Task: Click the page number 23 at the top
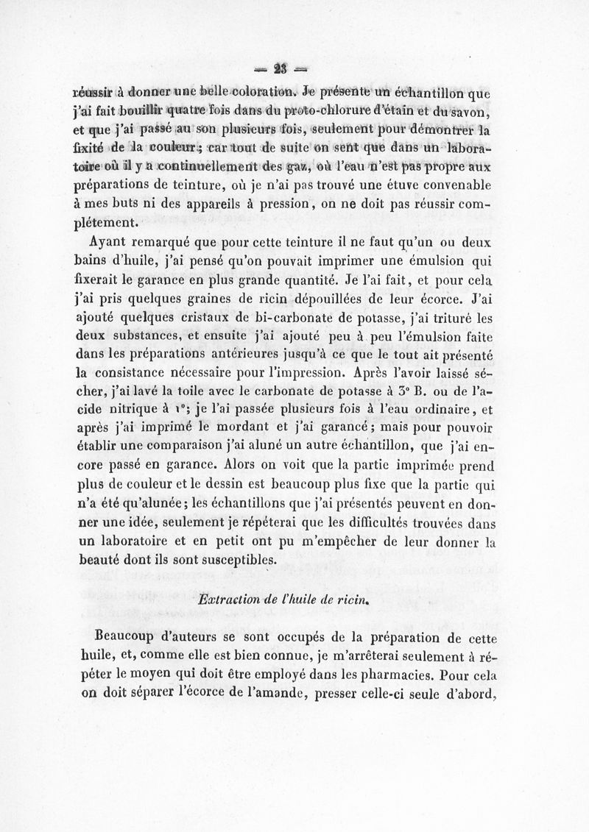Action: (280, 68)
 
